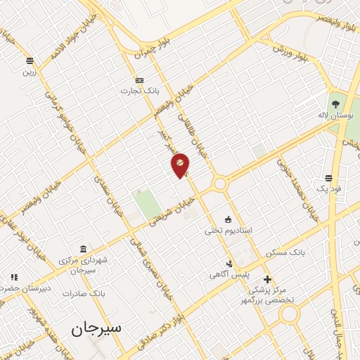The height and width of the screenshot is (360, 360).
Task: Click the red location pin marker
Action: coord(181,165)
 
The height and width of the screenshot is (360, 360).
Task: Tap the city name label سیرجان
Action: coord(96,328)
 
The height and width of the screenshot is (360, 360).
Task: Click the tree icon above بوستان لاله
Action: coord(335,104)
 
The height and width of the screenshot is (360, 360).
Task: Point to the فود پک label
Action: coord(328,188)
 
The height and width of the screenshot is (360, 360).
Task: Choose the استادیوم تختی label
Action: coord(229,230)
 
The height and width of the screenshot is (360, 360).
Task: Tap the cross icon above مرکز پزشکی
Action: coord(267,279)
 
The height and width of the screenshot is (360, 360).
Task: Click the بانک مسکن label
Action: coord(285,252)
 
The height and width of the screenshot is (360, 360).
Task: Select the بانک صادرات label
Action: coord(83,293)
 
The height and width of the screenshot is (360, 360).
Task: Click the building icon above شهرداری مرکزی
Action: coord(83,249)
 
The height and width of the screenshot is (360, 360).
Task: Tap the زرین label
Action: coord(29,72)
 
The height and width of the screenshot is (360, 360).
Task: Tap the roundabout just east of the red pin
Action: coord(220,184)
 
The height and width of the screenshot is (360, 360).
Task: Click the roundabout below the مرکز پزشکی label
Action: coord(289,314)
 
